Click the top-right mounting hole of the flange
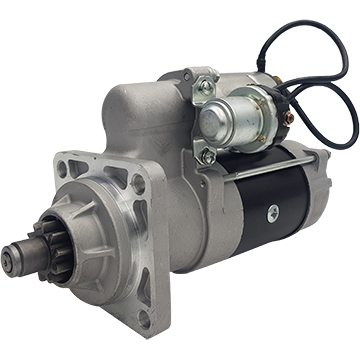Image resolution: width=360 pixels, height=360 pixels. click(x=137, y=186)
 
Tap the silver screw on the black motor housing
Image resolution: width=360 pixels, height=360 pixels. click(x=272, y=210)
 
